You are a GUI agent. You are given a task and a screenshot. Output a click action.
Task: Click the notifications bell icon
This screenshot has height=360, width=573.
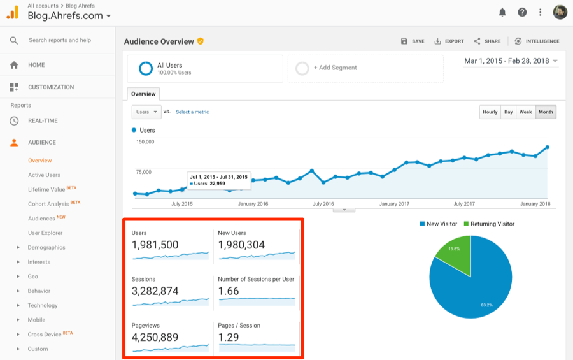502,12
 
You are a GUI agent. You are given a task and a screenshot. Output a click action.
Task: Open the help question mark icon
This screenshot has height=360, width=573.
522,12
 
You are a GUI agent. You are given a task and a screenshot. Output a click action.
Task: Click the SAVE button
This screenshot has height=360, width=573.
413,41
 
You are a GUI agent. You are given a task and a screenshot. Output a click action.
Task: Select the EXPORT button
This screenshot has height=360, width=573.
449,41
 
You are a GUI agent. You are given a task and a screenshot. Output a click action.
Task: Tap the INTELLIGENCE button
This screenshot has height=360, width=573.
537,41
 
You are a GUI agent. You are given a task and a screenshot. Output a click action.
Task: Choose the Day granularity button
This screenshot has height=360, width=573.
508,112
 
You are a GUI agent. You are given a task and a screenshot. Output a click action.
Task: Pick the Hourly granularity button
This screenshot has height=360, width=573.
490,112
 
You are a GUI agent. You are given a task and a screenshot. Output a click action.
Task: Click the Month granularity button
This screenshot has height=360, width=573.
546,112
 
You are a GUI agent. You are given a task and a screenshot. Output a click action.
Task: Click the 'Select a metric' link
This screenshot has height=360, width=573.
192,112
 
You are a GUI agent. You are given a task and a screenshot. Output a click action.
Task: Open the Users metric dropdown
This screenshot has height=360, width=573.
146,112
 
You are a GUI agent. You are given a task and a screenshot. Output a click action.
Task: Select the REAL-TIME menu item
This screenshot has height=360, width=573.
43,120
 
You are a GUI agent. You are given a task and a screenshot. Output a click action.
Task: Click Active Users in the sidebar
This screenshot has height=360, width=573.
44,175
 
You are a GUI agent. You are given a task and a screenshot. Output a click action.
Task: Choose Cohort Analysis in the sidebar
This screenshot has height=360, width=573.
48,204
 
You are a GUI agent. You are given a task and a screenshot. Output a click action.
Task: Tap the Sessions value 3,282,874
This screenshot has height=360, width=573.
155,291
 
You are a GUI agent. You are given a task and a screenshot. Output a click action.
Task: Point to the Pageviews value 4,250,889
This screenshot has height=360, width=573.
155,337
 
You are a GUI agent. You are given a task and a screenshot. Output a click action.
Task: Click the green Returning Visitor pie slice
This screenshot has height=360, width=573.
454,255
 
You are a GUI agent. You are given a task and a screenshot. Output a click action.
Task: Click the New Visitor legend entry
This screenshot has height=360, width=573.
439,224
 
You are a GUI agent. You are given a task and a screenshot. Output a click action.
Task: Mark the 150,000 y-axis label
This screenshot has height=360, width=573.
145,142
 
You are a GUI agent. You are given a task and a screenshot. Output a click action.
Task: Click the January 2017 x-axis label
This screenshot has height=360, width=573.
394,204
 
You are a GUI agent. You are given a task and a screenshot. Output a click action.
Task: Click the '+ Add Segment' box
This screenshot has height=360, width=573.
365,68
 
